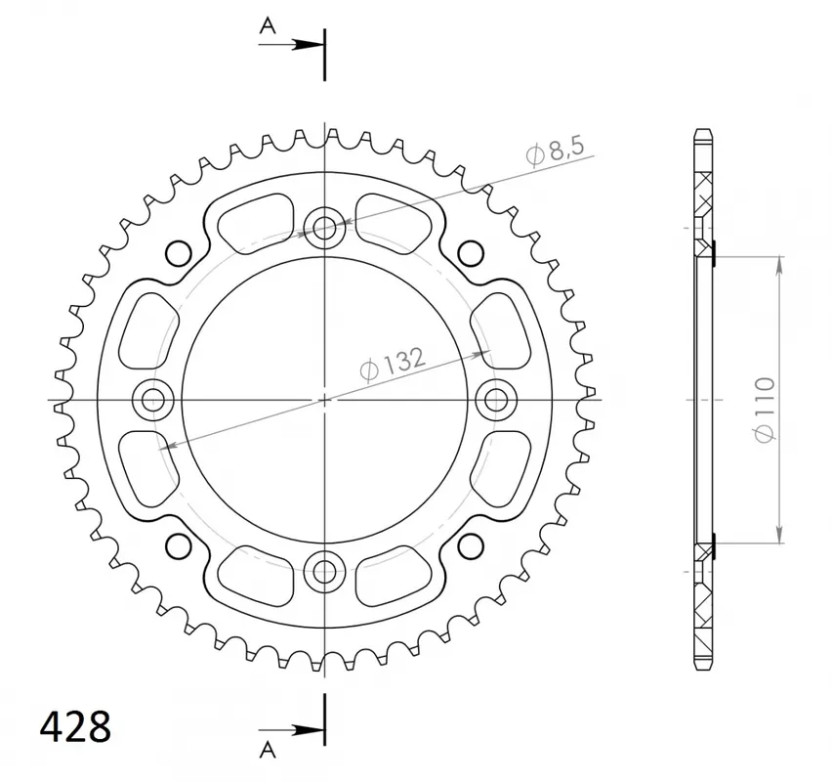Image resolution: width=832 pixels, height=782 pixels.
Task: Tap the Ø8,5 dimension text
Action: (555, 151)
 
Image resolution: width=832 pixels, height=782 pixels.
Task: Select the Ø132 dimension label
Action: (393, 365)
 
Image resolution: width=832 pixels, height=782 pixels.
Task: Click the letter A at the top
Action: (268, 25)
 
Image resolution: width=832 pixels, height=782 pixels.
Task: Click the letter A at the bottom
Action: (268, 750)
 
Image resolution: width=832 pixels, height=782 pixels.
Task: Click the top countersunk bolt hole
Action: (325, 229)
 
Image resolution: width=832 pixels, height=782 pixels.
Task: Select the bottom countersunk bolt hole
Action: (325, 572)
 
